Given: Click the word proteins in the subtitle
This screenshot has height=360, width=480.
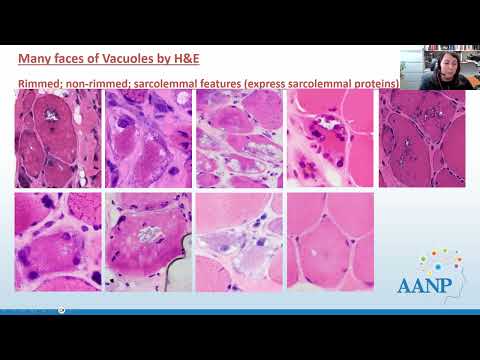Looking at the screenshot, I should coord(372,82).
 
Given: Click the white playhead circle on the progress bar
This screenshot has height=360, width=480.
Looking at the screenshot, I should coord(62,309).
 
